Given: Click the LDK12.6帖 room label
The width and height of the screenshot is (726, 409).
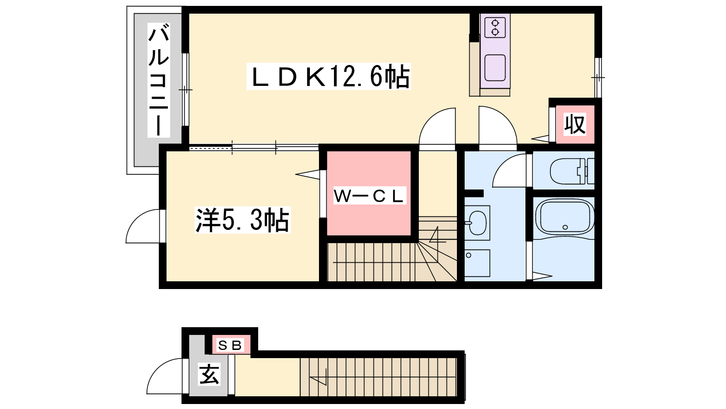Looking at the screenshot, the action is tap(329, 77).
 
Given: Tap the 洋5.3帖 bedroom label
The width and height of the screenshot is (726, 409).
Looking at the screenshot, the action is tap(242, 220).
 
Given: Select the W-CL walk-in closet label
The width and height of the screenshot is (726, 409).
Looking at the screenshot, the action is tap(369, 196).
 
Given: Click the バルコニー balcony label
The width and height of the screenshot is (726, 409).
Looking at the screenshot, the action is tap(158, 80).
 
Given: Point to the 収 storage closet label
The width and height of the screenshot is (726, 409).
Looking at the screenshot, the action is tap(575, 125).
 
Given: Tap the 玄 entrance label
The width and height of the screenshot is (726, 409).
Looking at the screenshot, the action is tap(209, 374).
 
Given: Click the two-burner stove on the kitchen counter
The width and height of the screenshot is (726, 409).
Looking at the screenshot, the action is tap(495, 27).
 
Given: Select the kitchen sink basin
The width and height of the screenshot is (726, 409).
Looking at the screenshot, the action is tap(495, 68).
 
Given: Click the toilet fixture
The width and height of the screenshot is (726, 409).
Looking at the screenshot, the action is tap(572, 171).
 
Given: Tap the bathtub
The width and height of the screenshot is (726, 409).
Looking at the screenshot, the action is tap(564, 217).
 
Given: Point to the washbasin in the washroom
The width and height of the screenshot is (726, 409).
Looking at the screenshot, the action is tap(477, 223).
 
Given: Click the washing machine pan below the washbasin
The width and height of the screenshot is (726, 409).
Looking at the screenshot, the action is tap(477, 263).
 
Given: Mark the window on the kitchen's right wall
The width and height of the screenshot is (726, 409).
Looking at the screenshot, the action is tap(598, 78).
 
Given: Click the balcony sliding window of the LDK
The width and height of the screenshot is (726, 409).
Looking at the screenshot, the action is tap(185, 90).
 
